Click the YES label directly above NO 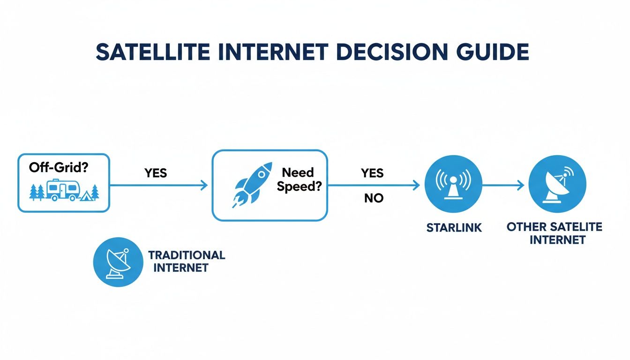pyautogui.click(x=372, y=173)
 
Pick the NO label pyautogui.click(x=374, y=198)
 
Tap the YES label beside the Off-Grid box pyautogui.click(x=156, y=173)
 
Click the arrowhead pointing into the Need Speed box pyautogui.click(x=204, y=186)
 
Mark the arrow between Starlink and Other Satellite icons pyautogui.click(x=502, y=186)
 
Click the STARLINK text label pyautogui.click(x=454, y=228)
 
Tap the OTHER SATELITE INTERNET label pyautogui.click(x=554, y=233)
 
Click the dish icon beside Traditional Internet pyautogui.click(x=118, y=262)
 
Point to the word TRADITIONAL pyautogui.click(x=187, y=255)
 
